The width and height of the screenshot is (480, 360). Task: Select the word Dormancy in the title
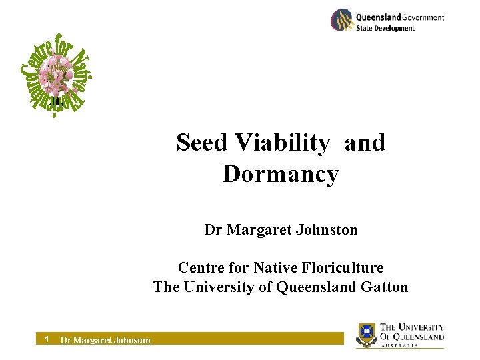point(281,175)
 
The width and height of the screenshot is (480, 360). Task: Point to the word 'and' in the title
point(365,143)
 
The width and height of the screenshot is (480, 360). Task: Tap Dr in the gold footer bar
point(65,340)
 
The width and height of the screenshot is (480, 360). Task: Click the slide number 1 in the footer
point(47,339)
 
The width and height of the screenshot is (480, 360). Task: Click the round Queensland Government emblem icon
point(341,20)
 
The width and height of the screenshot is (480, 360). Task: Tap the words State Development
point(385,28)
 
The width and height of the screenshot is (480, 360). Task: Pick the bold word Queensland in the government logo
point(379,17)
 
